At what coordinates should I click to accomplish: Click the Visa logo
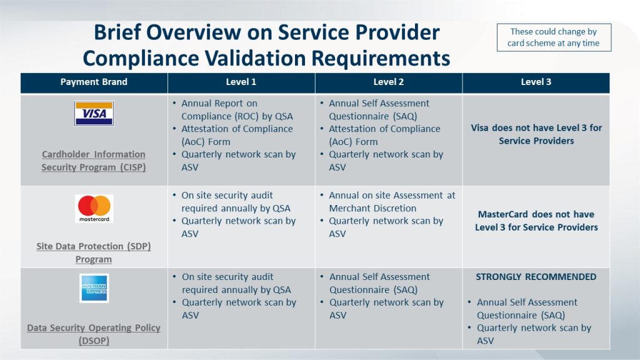(94, 114)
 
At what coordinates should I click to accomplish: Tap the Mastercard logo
(94, 208)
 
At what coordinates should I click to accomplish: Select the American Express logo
(94, 288)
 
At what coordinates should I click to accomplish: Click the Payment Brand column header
(94, 82)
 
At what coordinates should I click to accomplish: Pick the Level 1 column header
(241, 82)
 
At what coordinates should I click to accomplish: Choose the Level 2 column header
(388, 82)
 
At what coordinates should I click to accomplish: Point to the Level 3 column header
(536, 82)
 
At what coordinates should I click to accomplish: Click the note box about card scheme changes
(553, 37)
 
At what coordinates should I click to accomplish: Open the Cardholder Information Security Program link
(94, 161)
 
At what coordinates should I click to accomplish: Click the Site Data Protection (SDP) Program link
(94, 252)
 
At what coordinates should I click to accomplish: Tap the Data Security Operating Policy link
(94, 334)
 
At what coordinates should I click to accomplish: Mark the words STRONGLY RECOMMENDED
(536, 277)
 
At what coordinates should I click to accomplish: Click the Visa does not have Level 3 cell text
(536, 134)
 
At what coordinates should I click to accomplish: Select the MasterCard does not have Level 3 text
(536, 221)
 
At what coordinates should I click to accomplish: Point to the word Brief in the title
(120, 32)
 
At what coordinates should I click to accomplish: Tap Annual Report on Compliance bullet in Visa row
(237, 110)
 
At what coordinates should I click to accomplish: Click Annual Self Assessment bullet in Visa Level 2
(379, 110)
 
